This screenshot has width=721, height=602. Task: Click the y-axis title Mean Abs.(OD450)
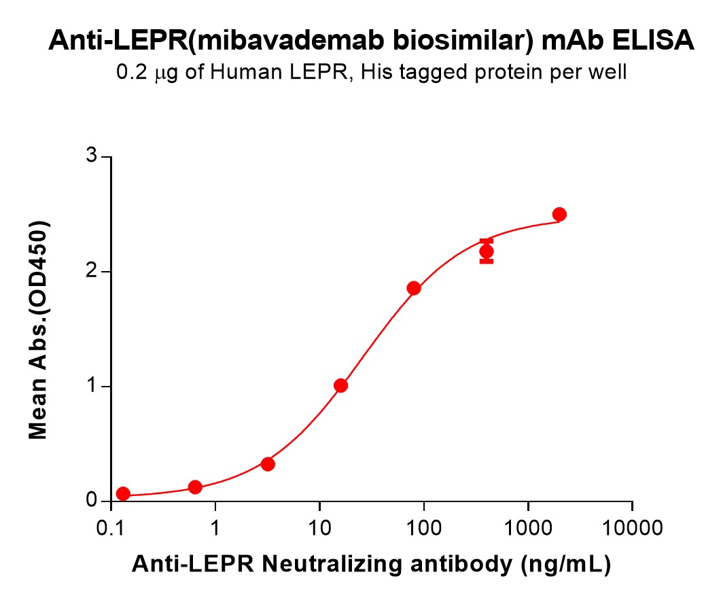[39, 330]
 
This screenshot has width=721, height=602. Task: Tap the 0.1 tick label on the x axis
[111, 527]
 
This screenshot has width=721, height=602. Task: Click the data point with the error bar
[487, 251]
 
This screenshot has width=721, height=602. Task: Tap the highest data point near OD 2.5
[559, 215]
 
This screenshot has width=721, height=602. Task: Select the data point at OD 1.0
[341, 386]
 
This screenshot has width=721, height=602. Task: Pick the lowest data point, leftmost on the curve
[123, 493]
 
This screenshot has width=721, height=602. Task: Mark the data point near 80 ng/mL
[414, 288]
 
